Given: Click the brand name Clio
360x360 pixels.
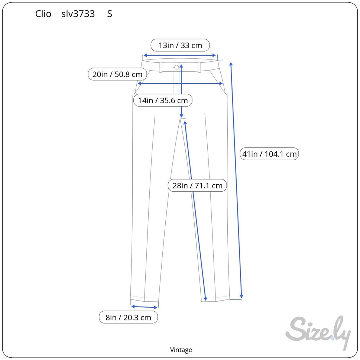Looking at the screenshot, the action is point(43,14).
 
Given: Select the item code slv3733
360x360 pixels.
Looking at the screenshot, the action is point(78,14).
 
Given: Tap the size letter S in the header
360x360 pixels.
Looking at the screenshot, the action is point(110,14).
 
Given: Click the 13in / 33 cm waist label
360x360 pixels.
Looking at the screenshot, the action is point(180,45).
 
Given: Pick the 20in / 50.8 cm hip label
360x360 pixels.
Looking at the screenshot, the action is point(117,74).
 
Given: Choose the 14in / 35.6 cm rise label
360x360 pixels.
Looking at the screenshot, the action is point(163,100).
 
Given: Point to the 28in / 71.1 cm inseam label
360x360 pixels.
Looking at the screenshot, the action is point(197,185).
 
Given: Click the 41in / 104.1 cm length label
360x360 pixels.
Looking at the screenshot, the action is point(269,154).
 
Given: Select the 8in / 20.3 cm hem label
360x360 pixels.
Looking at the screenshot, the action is point(128,317).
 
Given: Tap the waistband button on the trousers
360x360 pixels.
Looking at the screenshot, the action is point(176,67).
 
